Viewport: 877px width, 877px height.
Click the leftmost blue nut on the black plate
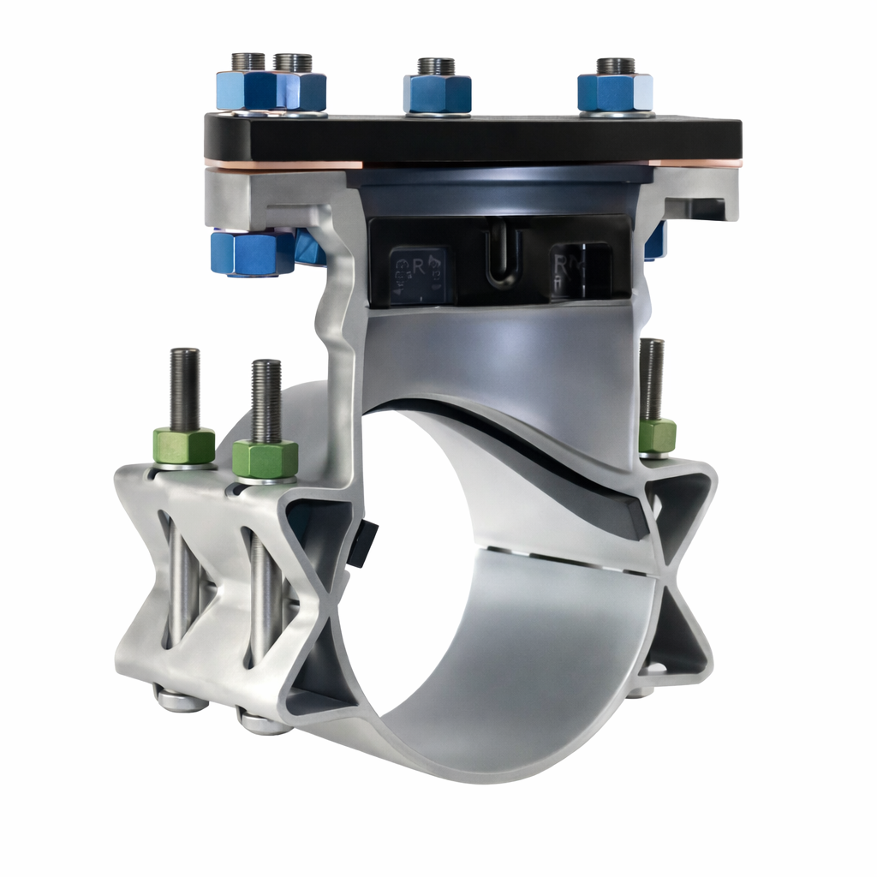pos(245,91)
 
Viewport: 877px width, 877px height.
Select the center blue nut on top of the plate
pos(438,93)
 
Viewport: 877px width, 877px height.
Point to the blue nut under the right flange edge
pos(655,242)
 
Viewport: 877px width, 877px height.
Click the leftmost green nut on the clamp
pos(184,446)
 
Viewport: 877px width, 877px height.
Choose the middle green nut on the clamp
pos(265,458)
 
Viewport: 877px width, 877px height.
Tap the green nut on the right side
pos(657,436)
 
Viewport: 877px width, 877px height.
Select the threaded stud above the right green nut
pos(652,378)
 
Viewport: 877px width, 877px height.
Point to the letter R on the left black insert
pos(419,266)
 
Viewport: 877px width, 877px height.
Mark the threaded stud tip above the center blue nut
pos(436,66)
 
